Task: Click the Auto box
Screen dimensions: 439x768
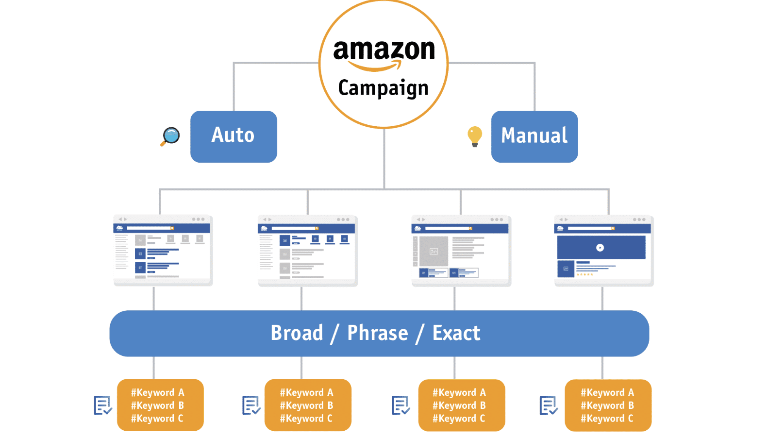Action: (234, 136)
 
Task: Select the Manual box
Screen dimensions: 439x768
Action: (534, 136)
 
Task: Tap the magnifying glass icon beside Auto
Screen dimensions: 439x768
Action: (171, 136)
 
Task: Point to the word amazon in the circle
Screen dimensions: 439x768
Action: (384, 50)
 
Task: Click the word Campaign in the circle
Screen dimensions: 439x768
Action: (384, 88)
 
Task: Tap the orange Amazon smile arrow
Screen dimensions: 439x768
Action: (375, 66)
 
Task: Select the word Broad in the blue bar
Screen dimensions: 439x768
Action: (297, 333)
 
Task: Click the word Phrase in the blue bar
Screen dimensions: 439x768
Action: (378, 333)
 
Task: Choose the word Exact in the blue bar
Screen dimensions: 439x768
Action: (456, 333)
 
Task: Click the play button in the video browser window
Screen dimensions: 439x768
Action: (600, 248)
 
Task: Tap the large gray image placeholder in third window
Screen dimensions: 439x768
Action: (434, 251)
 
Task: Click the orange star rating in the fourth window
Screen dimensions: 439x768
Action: (584, 275)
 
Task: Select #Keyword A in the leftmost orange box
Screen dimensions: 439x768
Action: (157, 392)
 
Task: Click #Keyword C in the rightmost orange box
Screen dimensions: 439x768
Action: (607, 419)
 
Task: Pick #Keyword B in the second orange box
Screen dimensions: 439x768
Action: (306, 405)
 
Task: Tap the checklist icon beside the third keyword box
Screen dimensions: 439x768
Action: (401, 405)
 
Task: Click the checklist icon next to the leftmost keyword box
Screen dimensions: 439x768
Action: (102, 405)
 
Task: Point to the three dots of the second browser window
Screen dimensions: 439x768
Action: (343, 219)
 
